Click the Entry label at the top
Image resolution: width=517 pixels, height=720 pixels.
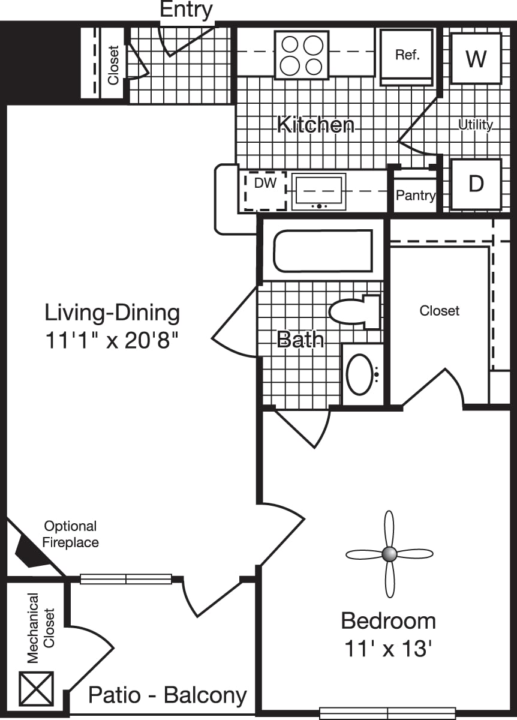click(x=186, y=10)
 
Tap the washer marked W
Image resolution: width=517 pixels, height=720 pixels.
click(x=476, y=58)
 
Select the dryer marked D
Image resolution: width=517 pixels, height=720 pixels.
click(x=476, y=184)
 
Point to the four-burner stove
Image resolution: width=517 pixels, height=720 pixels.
click(x=302, y=55)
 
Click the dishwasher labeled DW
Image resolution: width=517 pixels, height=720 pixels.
click(x=265, y=191)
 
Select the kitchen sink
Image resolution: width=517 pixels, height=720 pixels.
click(x=318, y=191)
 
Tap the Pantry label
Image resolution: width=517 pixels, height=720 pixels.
click(x=415, y=196)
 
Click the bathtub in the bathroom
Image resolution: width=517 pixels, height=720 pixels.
click(x=323, y=250)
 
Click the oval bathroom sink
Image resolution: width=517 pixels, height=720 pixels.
click(x=360, y=374)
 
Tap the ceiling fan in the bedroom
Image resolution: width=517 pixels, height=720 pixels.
click(x=389, y=554)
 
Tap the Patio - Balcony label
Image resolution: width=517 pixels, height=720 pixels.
click(x=167, y=695)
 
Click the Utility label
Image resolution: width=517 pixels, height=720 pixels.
click(x=476, y=125)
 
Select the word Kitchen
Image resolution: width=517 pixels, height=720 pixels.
click(x=315, y=125)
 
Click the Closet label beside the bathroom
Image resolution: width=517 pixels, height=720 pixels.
click(x=440, y=310)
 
